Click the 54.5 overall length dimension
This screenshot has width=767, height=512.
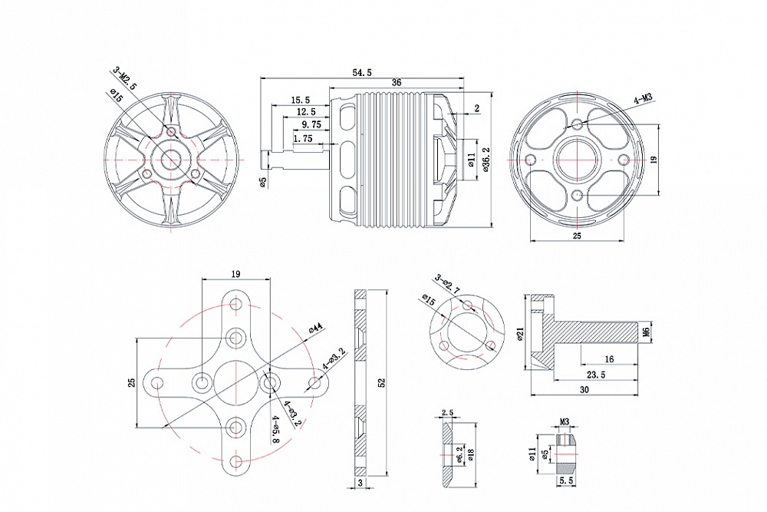[362, 72]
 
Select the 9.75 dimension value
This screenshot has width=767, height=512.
[311, 124]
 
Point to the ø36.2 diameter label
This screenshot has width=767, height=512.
[486, 159]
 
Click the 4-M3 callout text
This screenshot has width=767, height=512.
[642, 98]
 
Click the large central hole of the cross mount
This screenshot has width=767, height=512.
[235, 382]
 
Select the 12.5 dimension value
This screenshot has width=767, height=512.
[306, 112]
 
